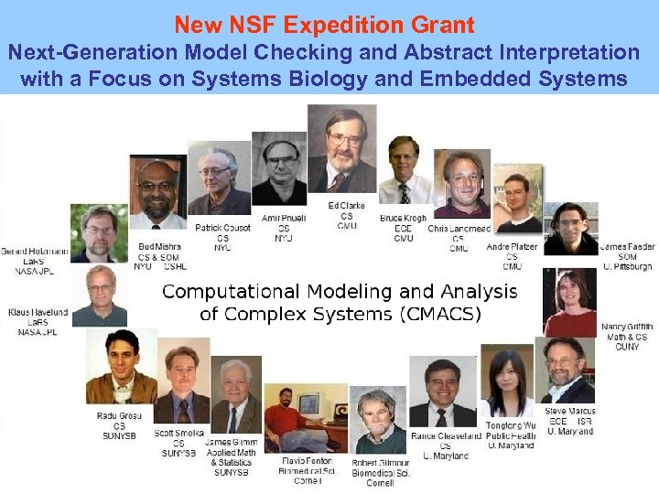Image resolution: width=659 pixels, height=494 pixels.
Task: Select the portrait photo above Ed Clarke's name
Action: (x=342, y=150)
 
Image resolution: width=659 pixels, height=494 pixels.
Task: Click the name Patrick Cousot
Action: (x=222, y=227)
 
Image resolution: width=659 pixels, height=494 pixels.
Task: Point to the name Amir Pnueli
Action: (x=283, y=218)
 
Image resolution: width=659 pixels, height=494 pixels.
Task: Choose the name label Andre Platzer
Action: (x=513, y=246)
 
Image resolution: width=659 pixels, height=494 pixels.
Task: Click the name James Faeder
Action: (x=627, y=246)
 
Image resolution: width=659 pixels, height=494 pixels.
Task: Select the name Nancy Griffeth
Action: (x=627, y=327)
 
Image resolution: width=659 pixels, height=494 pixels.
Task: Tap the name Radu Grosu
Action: (x=118, y=416)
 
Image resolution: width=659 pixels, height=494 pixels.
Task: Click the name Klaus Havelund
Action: (x=37, y=312)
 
